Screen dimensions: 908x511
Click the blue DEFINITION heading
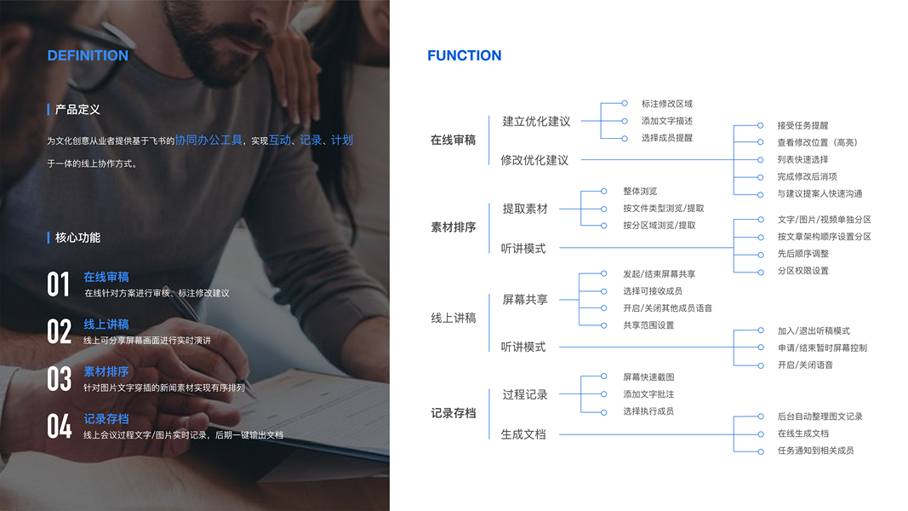tap(88, 56)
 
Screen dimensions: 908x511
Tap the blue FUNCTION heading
tap(464, 56)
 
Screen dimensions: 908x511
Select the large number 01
tap(59, 284)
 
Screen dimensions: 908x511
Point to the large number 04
tap(59, 426)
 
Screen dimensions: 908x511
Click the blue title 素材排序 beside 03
tap(106, 371)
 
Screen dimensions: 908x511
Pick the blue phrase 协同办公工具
tap(209, 140)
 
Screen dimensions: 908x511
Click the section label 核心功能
tap(77, 238)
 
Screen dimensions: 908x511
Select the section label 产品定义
tap(77, 110)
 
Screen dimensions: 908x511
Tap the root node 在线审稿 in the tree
tap(453, 141)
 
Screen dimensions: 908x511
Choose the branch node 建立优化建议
tap(536, 122)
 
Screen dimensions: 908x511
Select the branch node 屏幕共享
tap(525, 300)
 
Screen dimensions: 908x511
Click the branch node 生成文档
tap(523, 434)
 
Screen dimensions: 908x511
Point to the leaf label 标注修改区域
tap(667, 104)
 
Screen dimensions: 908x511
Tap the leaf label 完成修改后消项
tap(807, 176)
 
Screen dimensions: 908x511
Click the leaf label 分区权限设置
tap(802, 271)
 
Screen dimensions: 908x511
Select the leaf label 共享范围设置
tap(648, 325)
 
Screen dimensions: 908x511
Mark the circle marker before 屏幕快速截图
tap(604, 376)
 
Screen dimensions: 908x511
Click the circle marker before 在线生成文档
tap(761, 433)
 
